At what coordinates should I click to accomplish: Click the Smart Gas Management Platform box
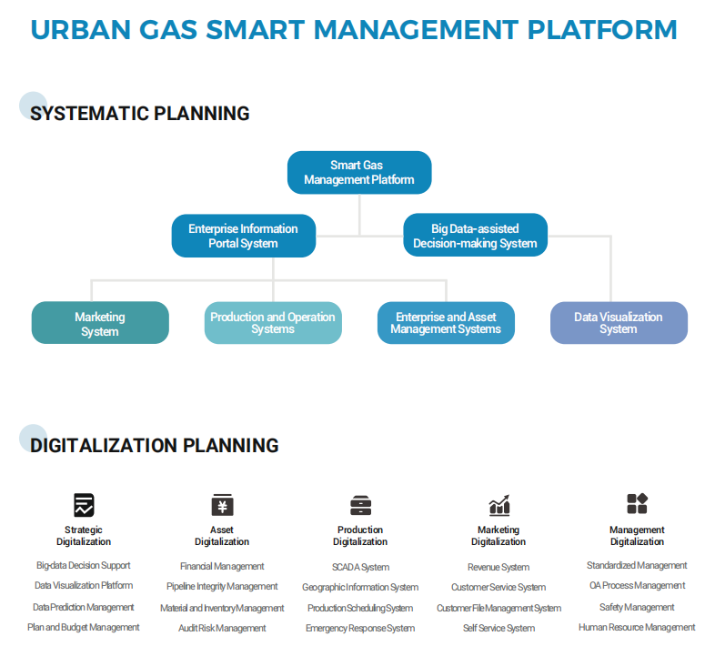coord(359,172)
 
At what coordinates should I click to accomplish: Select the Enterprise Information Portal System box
coord(243,236)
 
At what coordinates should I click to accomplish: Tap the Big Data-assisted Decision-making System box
coord(475,236)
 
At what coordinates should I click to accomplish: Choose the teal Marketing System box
coord(100,323)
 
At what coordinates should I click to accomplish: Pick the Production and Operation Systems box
coord(273,323)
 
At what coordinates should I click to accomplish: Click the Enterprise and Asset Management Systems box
coord(446,323)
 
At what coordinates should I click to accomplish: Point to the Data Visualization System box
coord(619,323)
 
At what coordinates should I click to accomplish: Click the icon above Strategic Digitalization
coord(84,505)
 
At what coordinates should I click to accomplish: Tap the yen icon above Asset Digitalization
coord(222,505)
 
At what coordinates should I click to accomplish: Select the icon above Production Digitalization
coord(360,505)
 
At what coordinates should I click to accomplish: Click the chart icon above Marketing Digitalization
coord(498,505)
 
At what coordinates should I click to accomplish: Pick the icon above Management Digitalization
coord(637,504)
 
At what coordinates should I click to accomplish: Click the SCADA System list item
coord(360,567)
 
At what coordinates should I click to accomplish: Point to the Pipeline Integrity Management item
coord(222,587)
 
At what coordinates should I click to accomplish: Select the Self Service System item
coord(498,628)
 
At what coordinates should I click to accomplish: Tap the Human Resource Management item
coord(637,627)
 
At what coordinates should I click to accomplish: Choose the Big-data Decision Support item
coord(84,566)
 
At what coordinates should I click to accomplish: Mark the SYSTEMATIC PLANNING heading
coord(140,114)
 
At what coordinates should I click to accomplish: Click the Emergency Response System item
coord(360,628)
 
